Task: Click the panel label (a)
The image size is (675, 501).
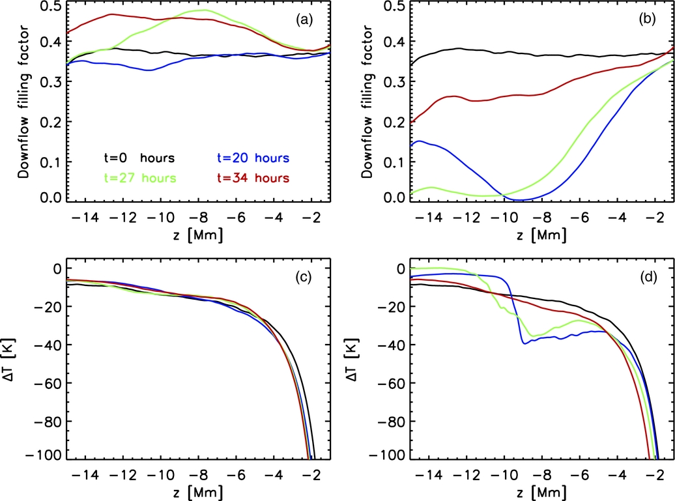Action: tap(304, 21)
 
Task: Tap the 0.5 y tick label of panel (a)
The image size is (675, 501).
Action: tap(51, 7)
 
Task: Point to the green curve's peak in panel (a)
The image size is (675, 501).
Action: tap(205, 10)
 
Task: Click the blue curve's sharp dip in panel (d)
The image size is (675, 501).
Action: tap(523, 343)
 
